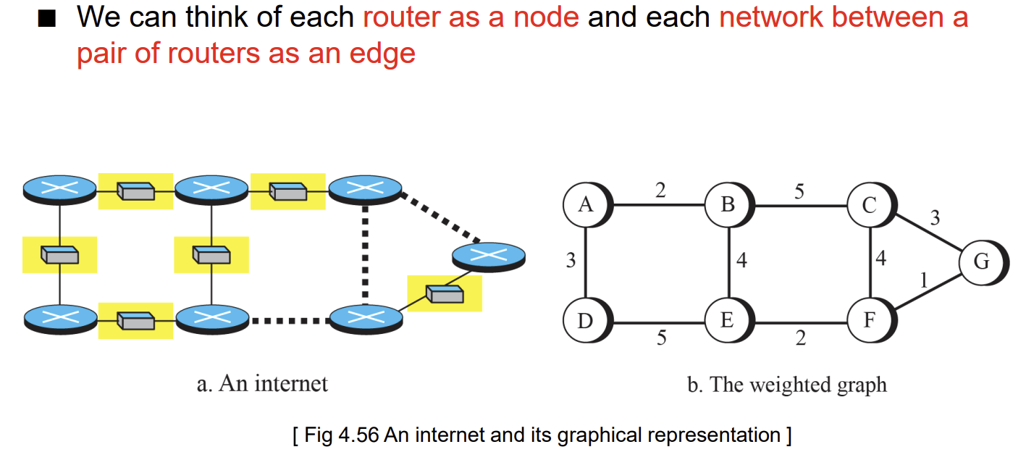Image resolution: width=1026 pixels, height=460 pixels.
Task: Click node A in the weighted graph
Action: tap(586, 205)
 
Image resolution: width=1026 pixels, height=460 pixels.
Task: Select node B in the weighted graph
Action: tap(728, 205)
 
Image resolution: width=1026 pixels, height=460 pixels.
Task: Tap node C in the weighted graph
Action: tap(870, 205)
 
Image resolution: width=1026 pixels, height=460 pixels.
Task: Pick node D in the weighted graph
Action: tap(586, 320)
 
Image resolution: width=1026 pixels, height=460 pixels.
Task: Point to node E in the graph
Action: tap(728, 320)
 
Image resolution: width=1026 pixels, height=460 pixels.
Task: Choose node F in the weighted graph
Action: tap(870, 320)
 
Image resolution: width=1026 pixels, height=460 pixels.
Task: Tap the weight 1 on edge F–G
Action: tap(924, 280)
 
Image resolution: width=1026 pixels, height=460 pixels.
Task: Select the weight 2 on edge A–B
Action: tap(660, 190)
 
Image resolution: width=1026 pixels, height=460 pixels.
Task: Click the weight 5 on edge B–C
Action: tap(799, 191)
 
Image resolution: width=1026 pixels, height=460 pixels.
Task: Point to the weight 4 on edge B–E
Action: tap(741, 260)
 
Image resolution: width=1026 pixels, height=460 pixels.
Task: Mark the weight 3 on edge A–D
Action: tap(571, 260)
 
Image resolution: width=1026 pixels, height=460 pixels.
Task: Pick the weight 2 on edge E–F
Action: tap(801, 338)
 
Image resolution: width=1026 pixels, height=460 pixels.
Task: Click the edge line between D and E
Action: tap(659, 323)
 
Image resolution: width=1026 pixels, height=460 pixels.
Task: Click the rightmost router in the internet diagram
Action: tap(489, 257)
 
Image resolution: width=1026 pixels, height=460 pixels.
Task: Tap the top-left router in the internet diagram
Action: tap(59, 190)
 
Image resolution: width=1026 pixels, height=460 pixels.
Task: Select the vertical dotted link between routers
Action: tap(365, 255)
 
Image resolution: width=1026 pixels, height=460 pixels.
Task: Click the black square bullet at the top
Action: tap(47, 19)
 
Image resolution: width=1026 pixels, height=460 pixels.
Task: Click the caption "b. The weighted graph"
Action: tap(787, 385)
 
